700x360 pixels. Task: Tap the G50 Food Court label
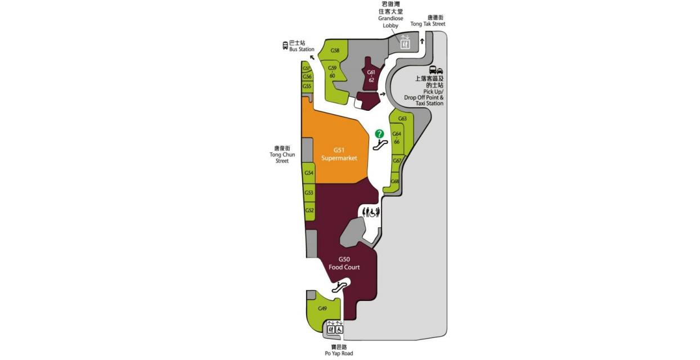point(344,263)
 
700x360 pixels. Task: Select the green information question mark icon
point(380,134)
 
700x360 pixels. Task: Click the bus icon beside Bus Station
point(285,45)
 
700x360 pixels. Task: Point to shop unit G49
point(322,308)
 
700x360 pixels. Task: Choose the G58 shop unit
point(335,51)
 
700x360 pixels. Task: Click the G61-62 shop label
point(371,76)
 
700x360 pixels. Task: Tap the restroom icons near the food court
point(371,212)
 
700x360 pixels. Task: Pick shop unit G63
point(402,119)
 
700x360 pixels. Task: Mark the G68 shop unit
point(395,181)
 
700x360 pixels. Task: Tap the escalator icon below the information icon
point(380,144)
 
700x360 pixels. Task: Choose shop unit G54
point(309,173)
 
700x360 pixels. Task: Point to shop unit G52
point(309,210)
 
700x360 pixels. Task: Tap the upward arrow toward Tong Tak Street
point(422,42)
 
